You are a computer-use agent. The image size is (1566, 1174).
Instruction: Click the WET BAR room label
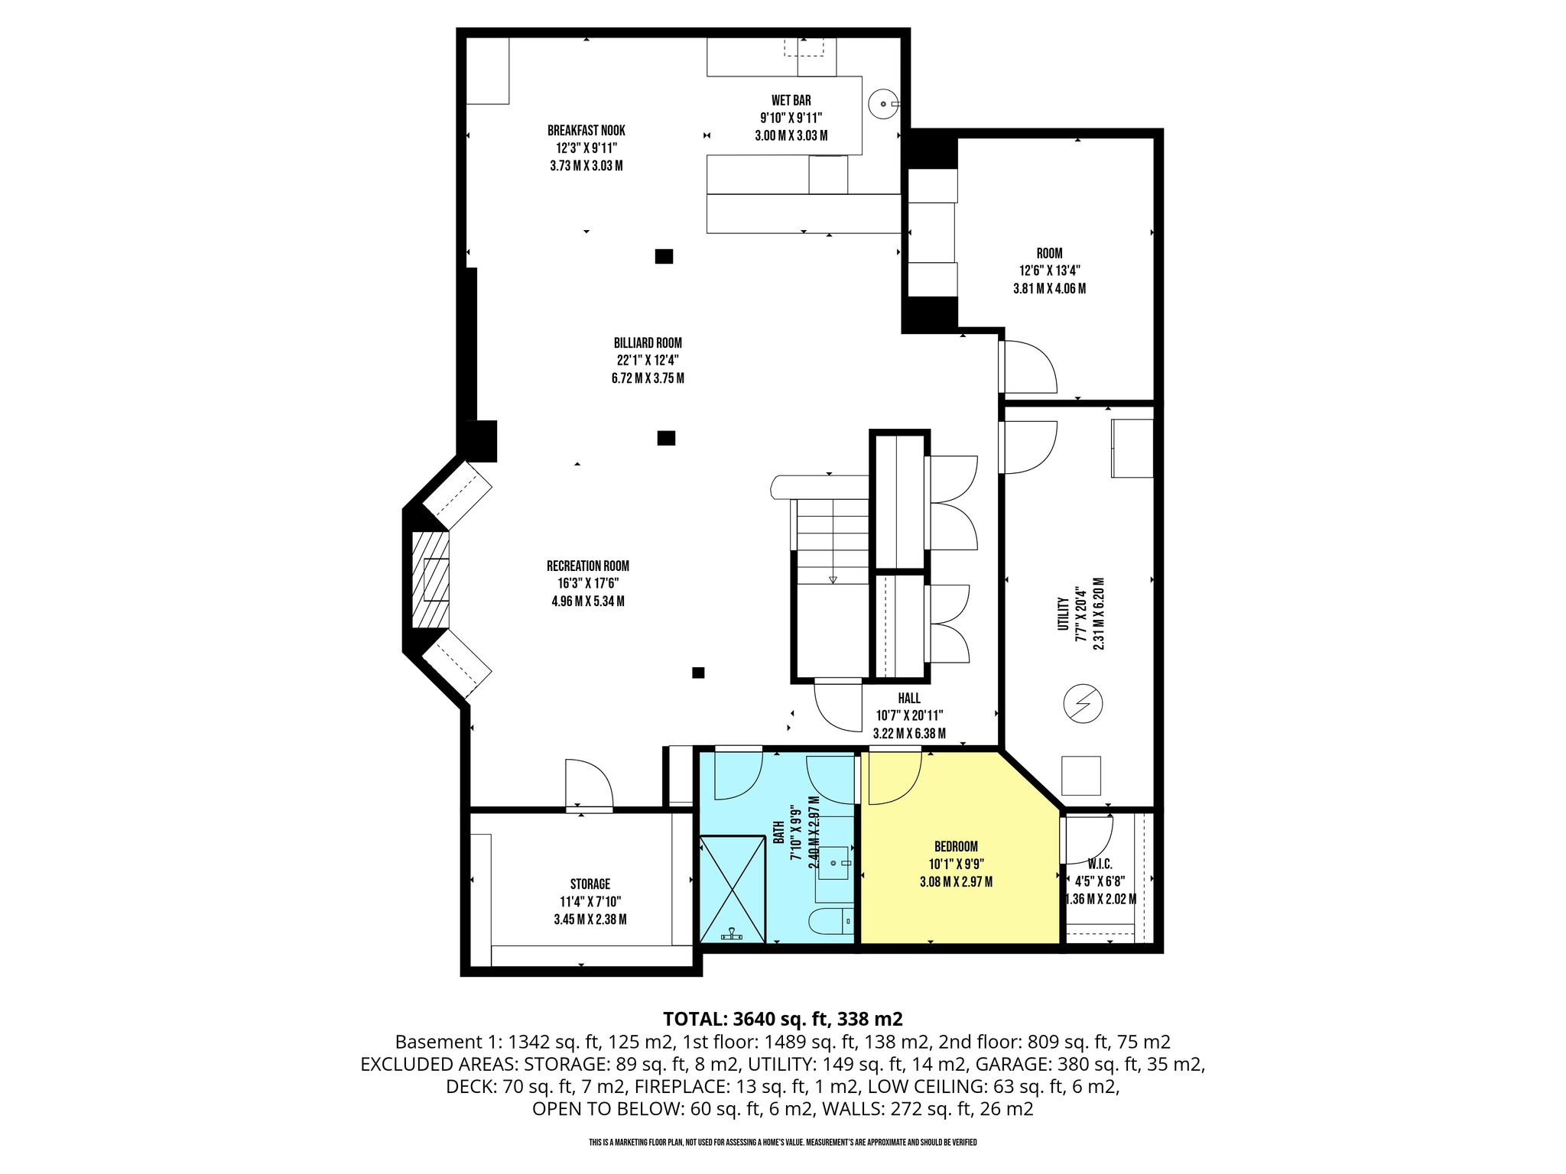[x=791, y=100]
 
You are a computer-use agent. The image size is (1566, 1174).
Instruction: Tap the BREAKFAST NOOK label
[x=586, y=131]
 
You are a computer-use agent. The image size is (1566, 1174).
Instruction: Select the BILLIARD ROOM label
[x=648, y=343]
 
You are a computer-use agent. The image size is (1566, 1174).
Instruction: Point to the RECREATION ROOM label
[x=588, y=566]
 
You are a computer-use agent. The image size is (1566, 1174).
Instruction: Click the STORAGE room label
[x=590, y=884]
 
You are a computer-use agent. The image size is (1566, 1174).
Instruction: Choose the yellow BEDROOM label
[x=956, y=847]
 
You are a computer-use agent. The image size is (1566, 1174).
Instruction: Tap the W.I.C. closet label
[x=1100, y=864]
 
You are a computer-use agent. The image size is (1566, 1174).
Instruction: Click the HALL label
[x=909, y=699]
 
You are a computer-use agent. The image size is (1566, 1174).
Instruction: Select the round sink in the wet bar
[x=884, y=102]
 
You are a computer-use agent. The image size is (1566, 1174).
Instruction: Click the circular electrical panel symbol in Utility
[x=1082, y=703]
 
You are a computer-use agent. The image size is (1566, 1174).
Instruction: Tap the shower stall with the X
[x=733, y=889]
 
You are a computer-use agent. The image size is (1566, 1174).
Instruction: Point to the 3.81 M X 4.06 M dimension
[x=1049, y=289]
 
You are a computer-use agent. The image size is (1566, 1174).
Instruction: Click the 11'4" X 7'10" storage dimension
[x=590, y=902]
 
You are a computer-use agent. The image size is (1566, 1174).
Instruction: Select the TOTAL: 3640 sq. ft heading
[x=783, y=1019]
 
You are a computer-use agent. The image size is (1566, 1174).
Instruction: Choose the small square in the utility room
[x=1081, y=776]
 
